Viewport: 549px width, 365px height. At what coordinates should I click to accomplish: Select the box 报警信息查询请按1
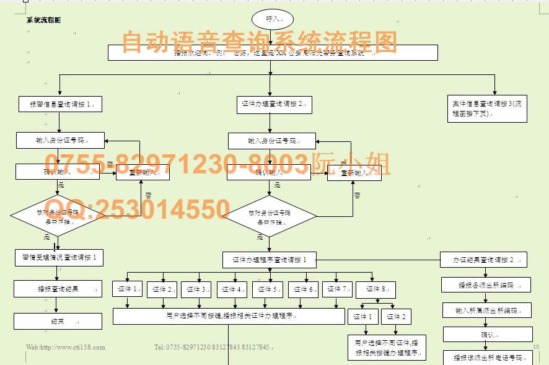click(x=60, y=104)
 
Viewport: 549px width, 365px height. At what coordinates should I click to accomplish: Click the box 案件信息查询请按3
click(x=487, y=108)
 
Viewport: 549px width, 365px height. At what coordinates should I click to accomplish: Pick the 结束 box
click(x=58, y=321)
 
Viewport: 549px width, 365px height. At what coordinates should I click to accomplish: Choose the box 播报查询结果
click(x=58, y=289)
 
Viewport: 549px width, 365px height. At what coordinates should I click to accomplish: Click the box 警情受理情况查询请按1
click(x=58, y=257)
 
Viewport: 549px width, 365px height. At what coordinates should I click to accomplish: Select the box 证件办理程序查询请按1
click(x=270, y=260)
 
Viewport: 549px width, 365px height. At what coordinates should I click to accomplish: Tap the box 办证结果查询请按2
click(x=485, y=260)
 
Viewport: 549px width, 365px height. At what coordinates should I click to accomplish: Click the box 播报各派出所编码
click(x=486, y=285)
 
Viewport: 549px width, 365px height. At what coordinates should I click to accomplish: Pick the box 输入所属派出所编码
click(x=486, y=310)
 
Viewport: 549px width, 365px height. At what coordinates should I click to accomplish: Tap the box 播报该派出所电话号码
click(x=486, y=358)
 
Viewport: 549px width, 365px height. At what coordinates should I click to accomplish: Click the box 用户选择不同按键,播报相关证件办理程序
click(x=229, y=316)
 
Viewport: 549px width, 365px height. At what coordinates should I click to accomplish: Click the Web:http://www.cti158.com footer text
click(x=66, y=347)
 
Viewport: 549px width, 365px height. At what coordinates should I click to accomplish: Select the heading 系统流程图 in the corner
click(x=43, y=20)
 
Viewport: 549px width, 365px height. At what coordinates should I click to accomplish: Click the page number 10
click(x=536, y=346)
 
